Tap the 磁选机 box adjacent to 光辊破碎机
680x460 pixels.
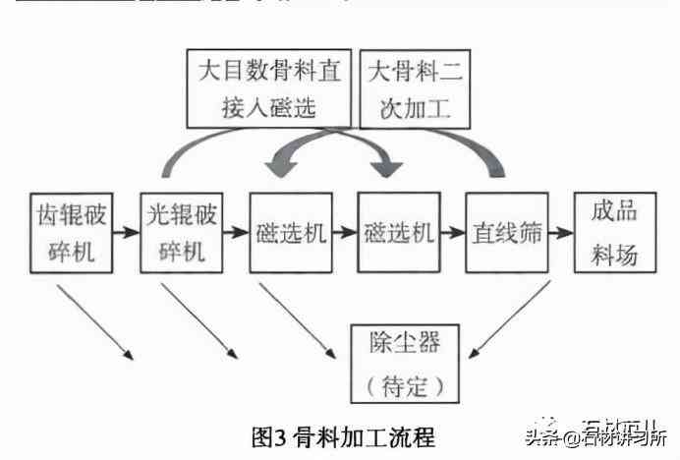[x=289, y=233]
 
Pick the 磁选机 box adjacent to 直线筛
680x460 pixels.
[x=397, y=233]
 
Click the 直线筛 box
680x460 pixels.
[x=506, y=233]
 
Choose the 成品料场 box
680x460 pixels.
[x=615, y=233]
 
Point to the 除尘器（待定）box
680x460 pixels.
[x=405, y=362]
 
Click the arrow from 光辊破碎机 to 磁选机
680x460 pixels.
[x=234, y=234]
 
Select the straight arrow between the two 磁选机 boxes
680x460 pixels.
[x=343, y=234]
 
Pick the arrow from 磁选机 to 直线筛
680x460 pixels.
[x=451, y=234]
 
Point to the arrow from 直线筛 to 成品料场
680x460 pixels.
[x=560, y=234]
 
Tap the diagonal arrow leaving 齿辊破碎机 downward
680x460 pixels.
[x=92, y=320]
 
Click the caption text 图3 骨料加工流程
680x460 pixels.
[x=342, y=435]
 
